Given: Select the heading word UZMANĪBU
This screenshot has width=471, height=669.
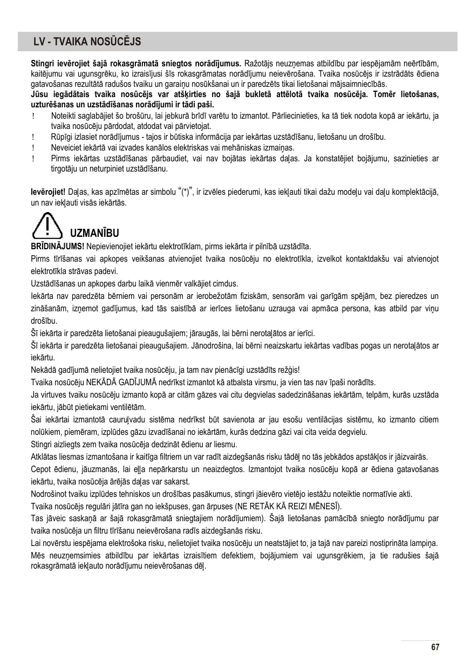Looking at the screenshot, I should (94, 234).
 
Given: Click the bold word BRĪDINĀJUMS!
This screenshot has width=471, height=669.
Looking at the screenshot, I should (57, 246).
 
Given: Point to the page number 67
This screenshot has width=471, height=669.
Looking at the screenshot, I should (435, 647).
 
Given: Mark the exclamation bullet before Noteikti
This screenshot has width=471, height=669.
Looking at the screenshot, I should (34, 116).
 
